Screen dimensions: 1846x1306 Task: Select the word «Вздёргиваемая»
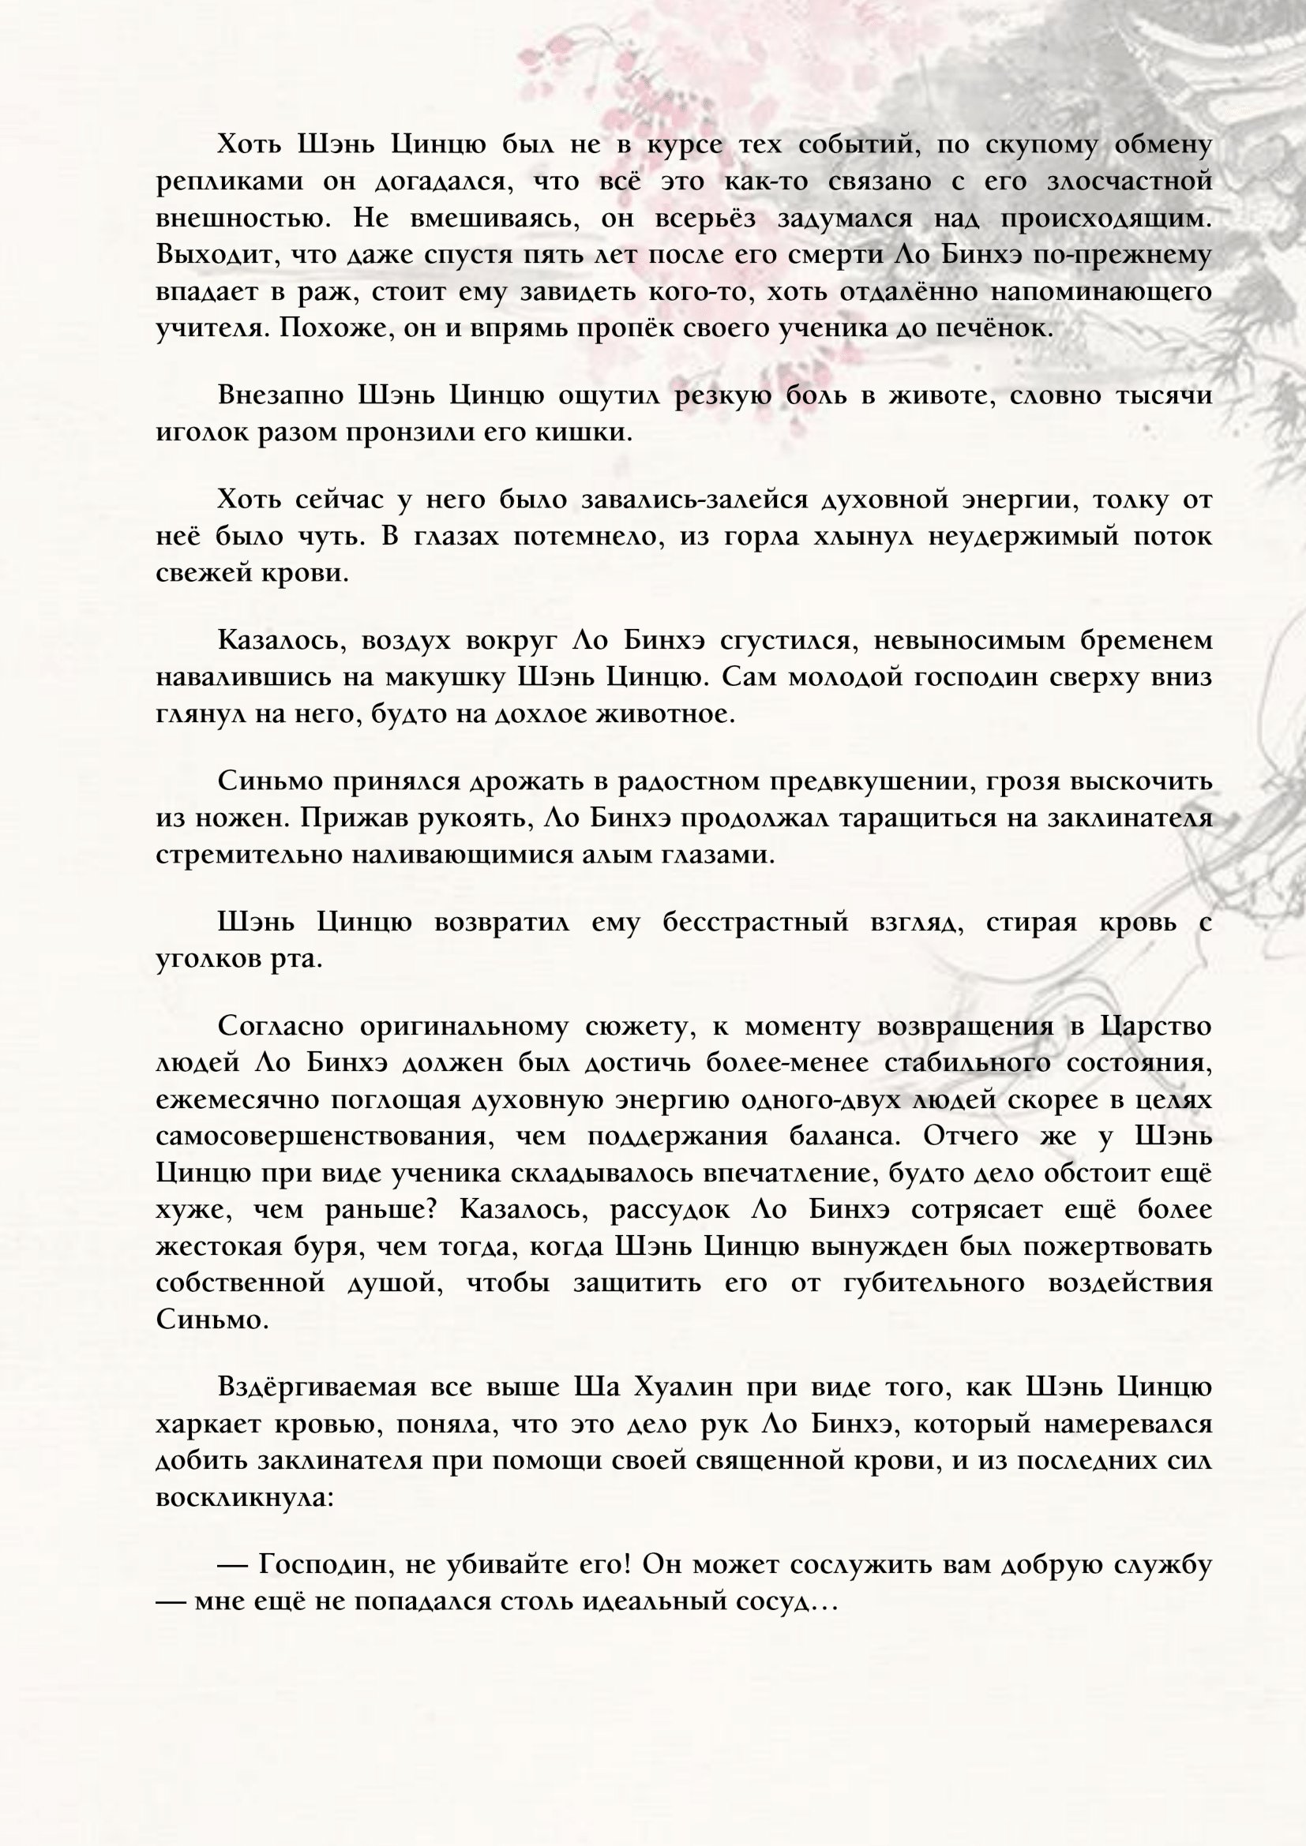tap(316, 1387)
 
